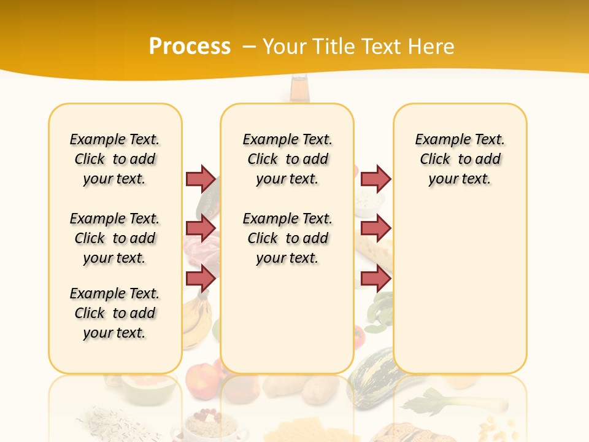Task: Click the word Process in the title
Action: [190, 47]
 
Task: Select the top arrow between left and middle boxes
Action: [201, 179]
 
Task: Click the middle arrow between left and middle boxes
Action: [201, 228]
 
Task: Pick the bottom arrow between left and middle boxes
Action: [201, 278]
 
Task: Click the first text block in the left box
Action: [115, 159]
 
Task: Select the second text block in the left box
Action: [115, 238]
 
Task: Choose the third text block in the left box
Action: [115, 313]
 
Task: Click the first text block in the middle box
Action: [287, 159]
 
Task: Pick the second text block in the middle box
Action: [287, 238]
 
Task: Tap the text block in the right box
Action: [460, 159]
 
